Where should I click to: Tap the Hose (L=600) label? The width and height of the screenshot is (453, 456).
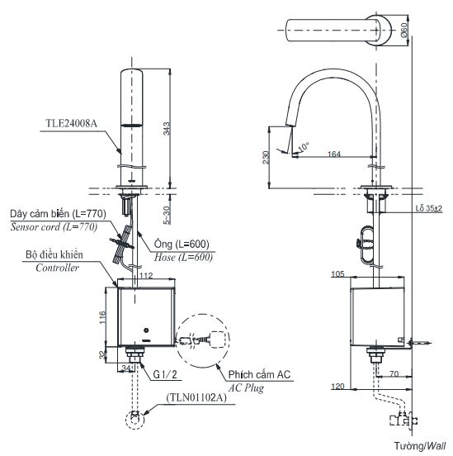(x=182, y=257)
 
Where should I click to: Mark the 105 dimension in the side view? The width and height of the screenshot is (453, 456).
(x=337, y=273)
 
